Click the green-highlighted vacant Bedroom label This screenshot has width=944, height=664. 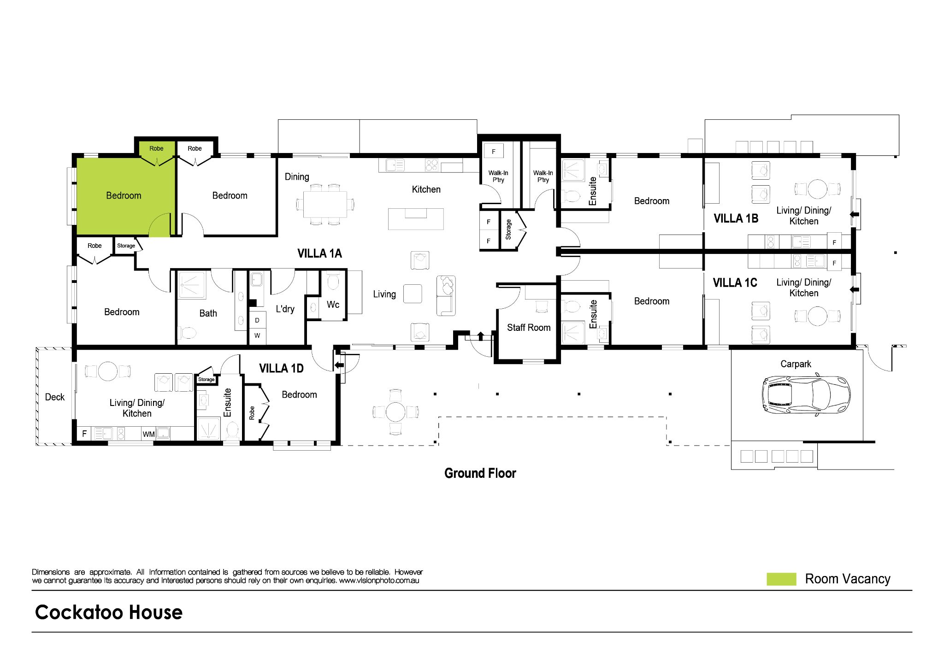coord(124,196)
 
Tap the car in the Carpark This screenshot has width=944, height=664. coord(805,395)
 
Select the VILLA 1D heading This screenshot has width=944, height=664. coord(281,369)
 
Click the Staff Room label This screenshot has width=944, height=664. coord(529,328)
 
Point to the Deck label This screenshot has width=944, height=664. coord(55,397)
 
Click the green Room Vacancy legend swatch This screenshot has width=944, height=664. coord(781,579)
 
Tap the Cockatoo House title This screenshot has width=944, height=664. coord(109,612)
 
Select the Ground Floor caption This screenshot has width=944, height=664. coord(480,473)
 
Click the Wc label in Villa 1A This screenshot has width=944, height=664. coord(333,305)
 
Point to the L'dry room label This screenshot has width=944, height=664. coord(285,309)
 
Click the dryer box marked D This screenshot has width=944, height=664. coord(257,320)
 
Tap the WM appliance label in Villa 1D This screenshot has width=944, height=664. coord(148,434)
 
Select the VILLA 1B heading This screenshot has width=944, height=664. coord(736,218)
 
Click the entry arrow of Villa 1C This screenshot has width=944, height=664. coord(854,289)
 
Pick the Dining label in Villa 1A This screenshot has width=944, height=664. coord(297,177)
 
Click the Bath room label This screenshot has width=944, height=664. coord(208,313)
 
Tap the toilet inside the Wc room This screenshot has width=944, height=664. coord(333,281)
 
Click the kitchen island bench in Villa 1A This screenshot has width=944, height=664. coord(416,219)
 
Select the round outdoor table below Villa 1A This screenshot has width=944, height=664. coord(395,411)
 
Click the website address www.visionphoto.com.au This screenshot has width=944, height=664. coord(379,581)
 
